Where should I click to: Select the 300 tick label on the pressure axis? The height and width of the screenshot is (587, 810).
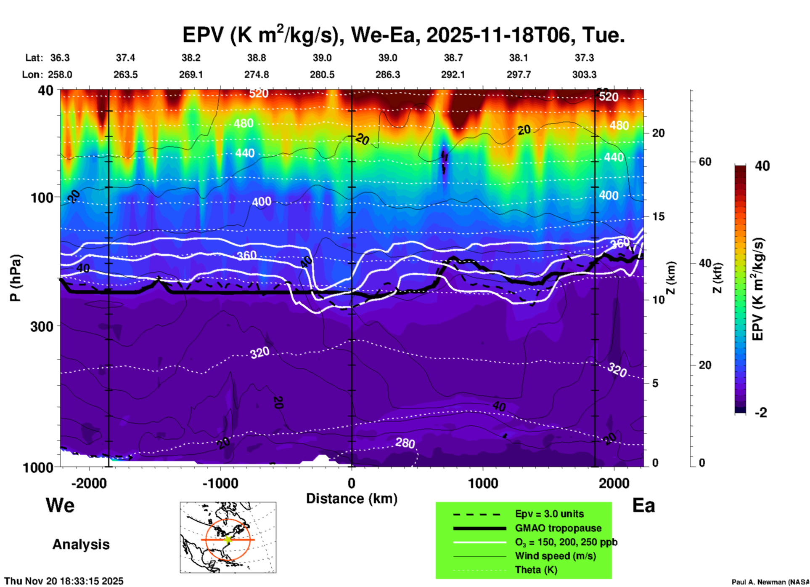click(x=42, y=326)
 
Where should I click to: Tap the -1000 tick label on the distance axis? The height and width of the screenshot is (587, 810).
click(x=220, y=483)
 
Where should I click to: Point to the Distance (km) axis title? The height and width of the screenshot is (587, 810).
click(x=352, y=499)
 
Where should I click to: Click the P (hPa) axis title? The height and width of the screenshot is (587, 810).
click(x=15, y=278)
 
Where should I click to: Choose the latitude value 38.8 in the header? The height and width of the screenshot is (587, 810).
click(x=256, y=58)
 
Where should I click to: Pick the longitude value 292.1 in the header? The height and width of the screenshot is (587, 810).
click(x=453, y=75)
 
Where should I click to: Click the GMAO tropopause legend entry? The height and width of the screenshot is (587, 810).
click(x=558, y=528)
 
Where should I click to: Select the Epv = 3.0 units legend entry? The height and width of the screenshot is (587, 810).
click(x=549, y=514)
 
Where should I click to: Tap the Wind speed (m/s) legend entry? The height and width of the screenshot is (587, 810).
click(x=555, y=556)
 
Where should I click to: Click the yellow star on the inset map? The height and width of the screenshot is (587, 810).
click(x=228, y=539)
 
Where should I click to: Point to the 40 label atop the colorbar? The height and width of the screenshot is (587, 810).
click(x=762, y=166)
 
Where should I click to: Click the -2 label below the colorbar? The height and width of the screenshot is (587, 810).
click(x=761, y=413)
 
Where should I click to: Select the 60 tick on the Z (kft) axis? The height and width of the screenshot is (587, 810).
click(x=705, y=162)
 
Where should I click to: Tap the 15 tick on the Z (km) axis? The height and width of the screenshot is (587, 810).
click(x=658, y=216)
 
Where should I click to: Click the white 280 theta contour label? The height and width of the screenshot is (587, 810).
click(x=405, y=443)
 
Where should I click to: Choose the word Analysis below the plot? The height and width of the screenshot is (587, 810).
click(x=81, y=544)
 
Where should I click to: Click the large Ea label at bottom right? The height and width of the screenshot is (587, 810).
click(x=643, y=505)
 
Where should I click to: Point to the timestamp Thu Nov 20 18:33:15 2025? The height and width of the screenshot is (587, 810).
click(x=64, y=581)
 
